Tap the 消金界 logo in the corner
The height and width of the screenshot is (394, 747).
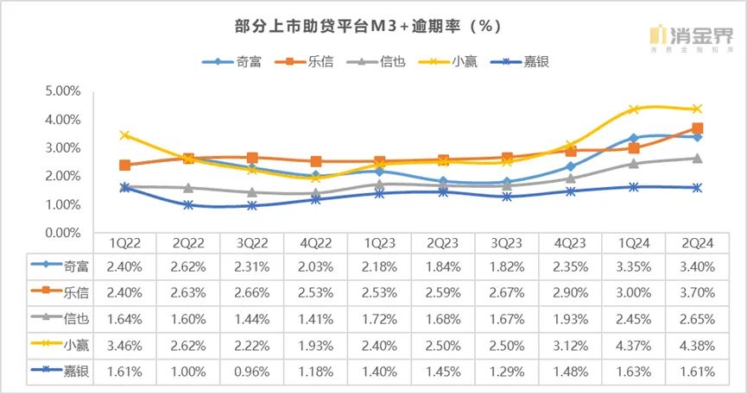point(691,37)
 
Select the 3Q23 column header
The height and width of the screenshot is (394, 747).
point(503,243)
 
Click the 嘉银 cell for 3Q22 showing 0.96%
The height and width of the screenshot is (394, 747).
point(244,372)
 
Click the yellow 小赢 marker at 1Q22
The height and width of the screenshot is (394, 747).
point(125,135)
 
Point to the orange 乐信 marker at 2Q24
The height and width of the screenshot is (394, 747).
point(698,128)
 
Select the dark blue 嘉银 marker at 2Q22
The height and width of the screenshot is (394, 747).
point(189,205)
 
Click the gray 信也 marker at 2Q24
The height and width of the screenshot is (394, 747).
point(698,159)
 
